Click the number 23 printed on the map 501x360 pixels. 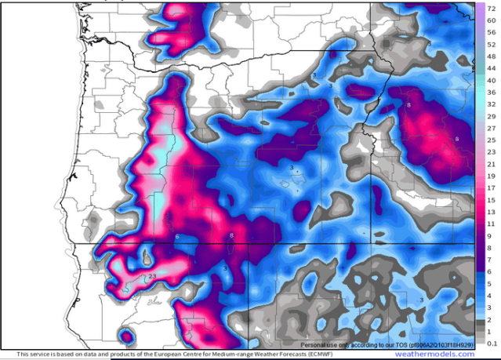pos(151,276)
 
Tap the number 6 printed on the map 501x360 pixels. pos(177,236)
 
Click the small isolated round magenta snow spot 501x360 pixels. pos(125,336)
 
